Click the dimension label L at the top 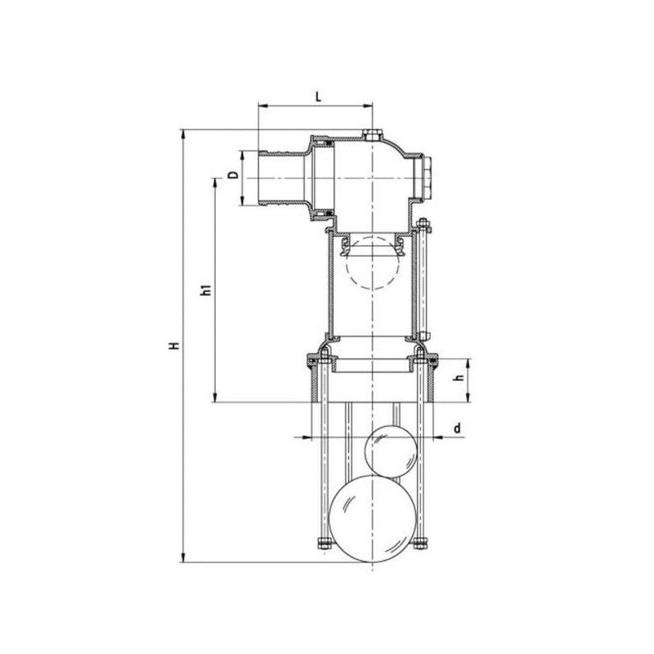pyautogui.click(x=318, y=97)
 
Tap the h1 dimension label pyautogui.click(x=207, y=290)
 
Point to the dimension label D pyautogui.click(x=235, y=175)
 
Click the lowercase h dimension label pyautogui.click(x=459, y=378)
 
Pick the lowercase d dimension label pyautogui.click(x=458, y=428)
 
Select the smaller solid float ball pyautogui.click(x=391, y=451)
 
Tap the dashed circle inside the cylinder pyautogui.click(x=373, y=262)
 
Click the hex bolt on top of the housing pyautogui.click(x=372, y=135)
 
